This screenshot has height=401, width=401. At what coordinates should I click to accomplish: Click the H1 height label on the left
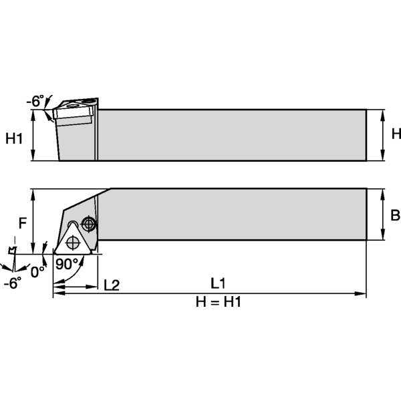14,138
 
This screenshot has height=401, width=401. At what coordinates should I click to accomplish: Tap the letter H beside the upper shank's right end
395,134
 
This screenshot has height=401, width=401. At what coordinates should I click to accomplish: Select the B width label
394,215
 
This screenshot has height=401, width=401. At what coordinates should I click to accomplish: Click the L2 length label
112,285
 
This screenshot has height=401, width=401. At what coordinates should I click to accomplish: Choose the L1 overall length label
217,283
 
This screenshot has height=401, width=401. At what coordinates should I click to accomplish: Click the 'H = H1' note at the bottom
217,303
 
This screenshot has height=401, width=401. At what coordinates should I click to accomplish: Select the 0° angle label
38,272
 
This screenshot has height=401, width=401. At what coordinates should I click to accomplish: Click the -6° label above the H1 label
35,101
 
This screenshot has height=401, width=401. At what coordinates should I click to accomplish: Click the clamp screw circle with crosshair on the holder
88,223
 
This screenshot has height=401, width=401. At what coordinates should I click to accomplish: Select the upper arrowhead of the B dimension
382,192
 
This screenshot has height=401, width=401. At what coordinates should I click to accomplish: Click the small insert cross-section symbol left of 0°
11,252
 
